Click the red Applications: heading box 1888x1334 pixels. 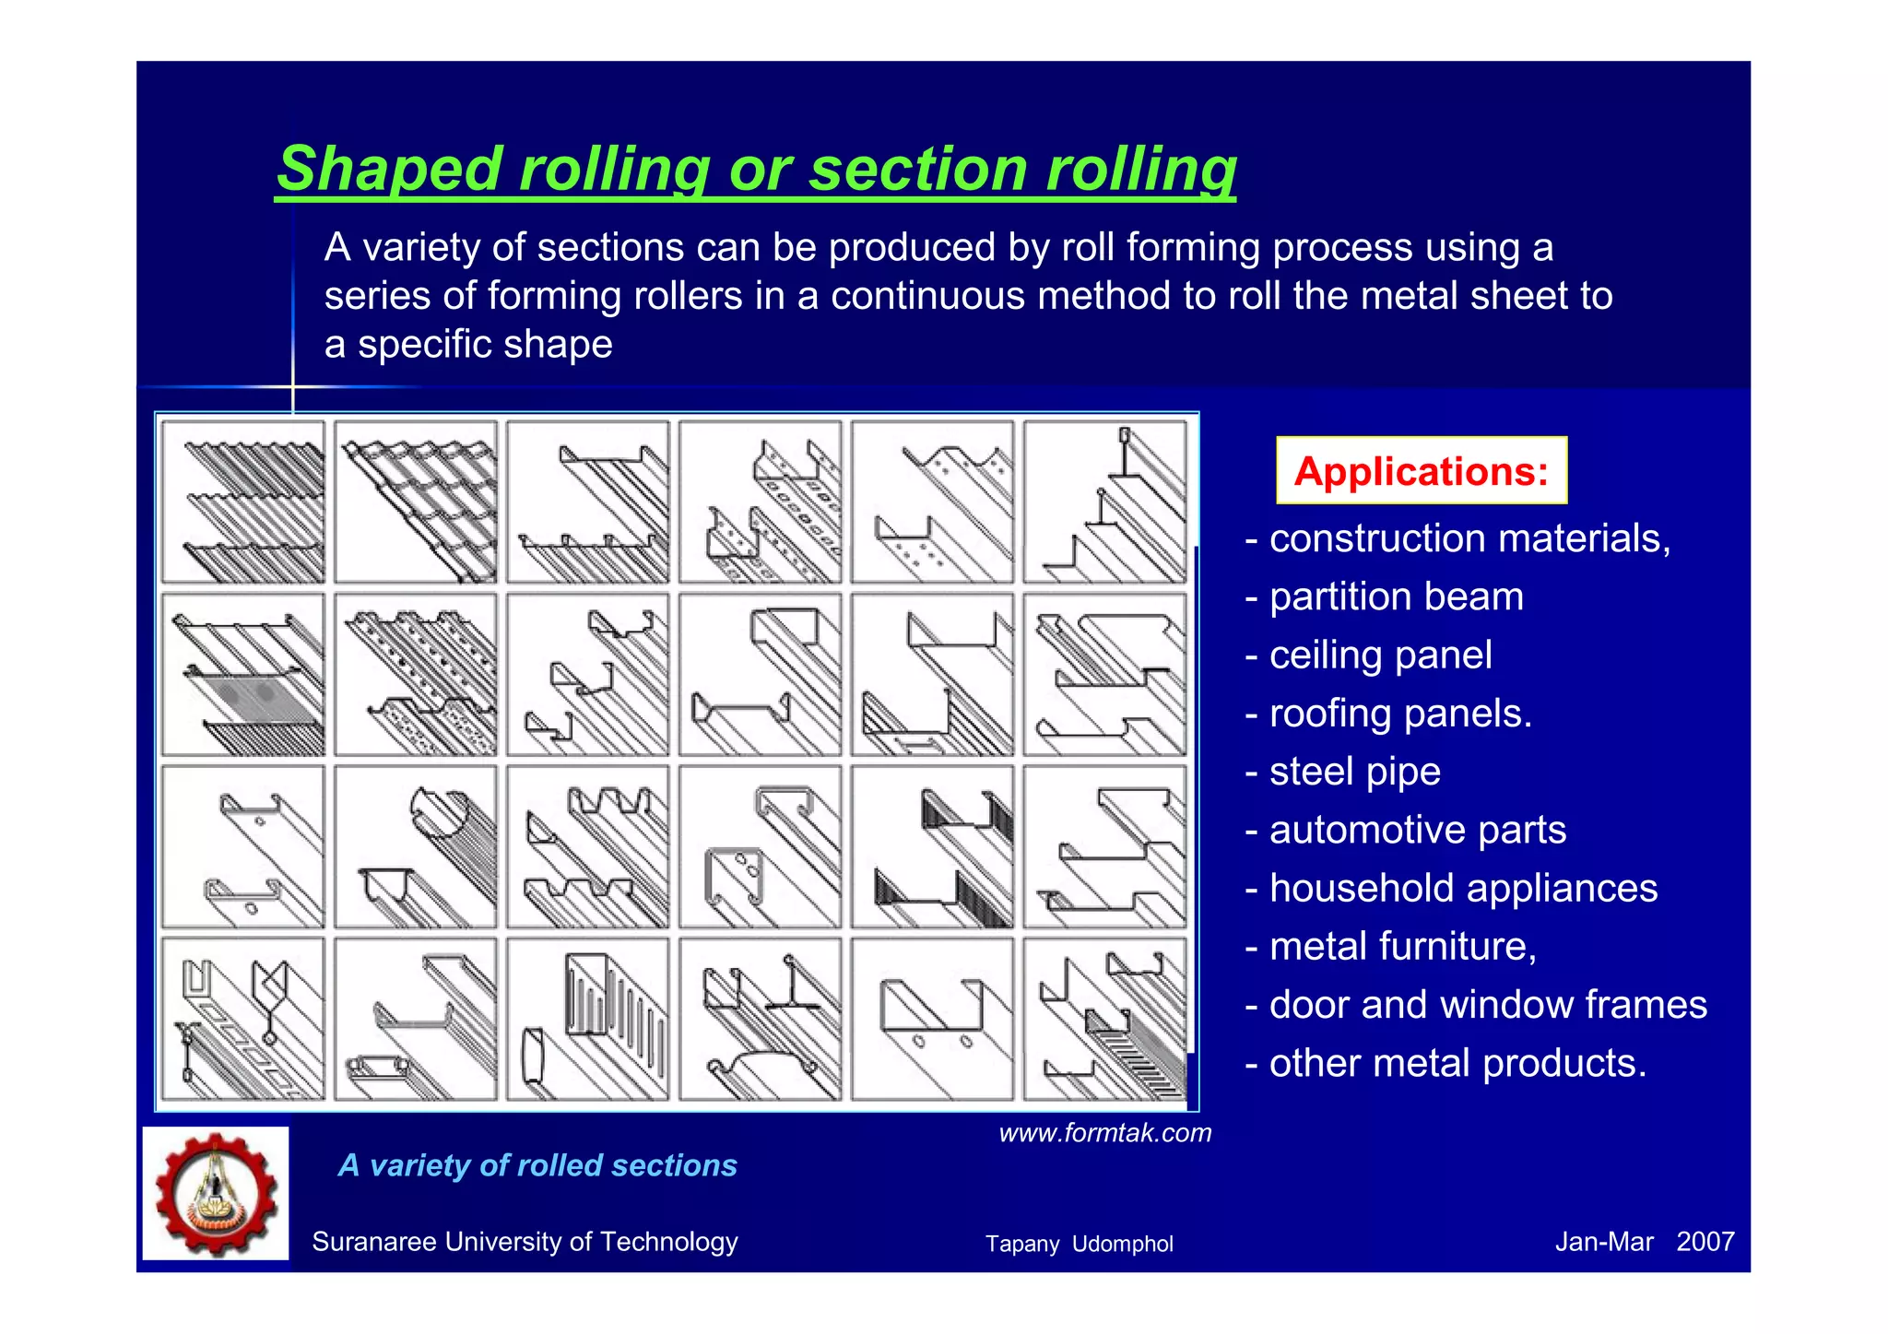(x=1421, y=471)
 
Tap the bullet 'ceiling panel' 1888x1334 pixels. (x=1379, y=655)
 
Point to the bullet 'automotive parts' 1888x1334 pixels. (x=1417, y=830)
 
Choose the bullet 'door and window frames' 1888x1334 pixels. (x=1487, y=1005)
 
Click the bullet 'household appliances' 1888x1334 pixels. (x=1462, y=889)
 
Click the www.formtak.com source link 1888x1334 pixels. (x=1104, y=1133)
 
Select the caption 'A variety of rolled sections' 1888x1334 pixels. (x=537, y=1165)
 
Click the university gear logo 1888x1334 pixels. (x=216, y=1193)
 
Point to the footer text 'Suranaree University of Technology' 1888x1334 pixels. (x=525, y=1242)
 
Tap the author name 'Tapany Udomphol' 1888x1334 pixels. (x=1079, y=1244)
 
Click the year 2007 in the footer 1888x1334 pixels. (x=1705, y=1242)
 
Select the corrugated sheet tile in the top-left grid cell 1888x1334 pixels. (x=243, y=502)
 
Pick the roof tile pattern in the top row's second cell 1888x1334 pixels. (x=416, y=502)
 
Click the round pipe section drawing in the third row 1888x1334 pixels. (x=416, y=846)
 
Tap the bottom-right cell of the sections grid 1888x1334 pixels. (x=1104, y=1019)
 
